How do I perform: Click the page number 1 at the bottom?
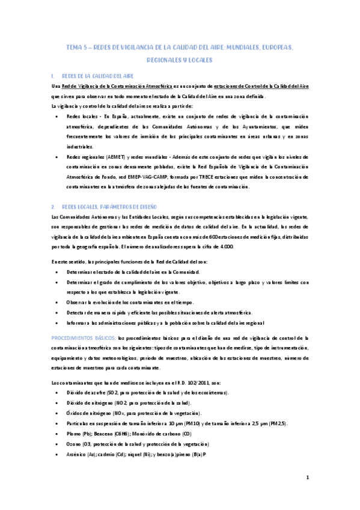307,478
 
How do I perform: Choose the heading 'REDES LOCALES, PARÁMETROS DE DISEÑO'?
109,189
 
